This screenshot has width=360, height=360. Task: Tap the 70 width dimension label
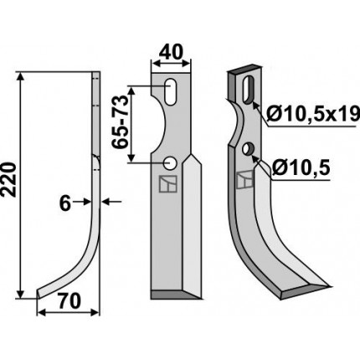69,301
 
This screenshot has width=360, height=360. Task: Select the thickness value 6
65,204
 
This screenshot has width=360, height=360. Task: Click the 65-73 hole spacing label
120,121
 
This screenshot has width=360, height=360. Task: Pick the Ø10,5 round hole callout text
301,167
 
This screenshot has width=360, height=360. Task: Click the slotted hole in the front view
170,92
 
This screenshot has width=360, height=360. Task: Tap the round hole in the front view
170,163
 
